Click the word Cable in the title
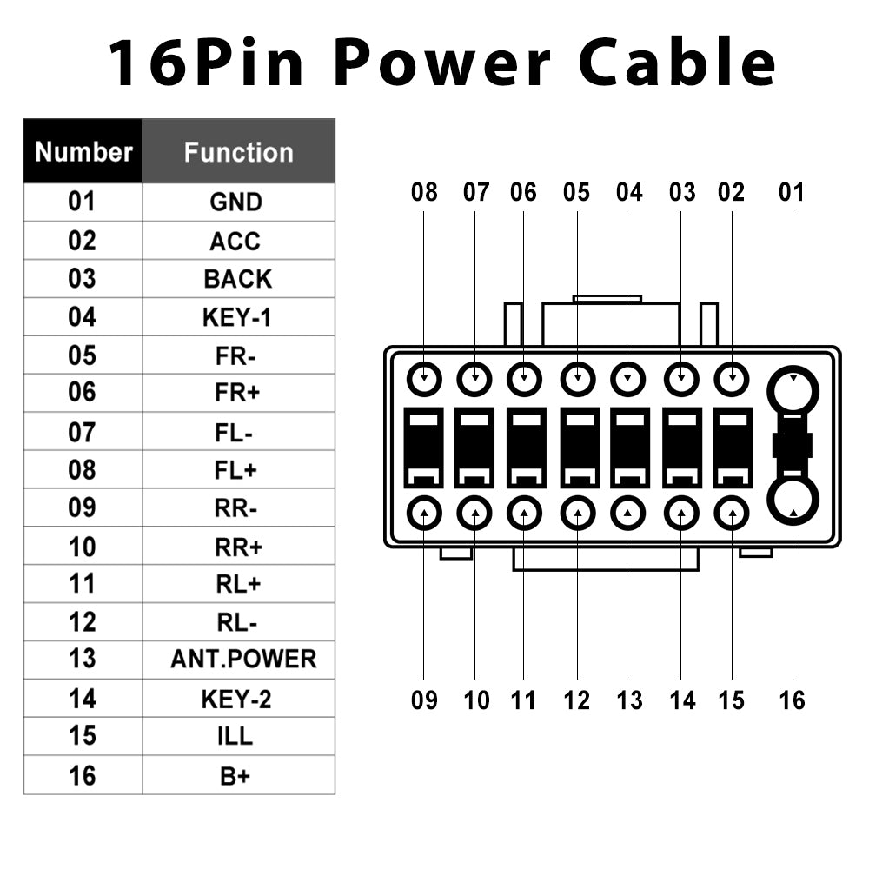tap(677, 63)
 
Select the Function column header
tap(238, 152)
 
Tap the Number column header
tap(83, 152)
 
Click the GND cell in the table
tap(235, 202)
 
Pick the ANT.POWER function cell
tap(243, 660)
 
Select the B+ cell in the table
tap(235, 775)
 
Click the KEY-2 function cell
tap(236, 698)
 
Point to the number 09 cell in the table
tap(82, 507)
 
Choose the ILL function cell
tap(235, 736)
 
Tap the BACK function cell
tap(237, 279)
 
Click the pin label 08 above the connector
tap(424, 192)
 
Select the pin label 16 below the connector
tap(792, 700)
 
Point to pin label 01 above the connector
tap(792, 192)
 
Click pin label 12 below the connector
tap(576, 700)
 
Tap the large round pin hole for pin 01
tap(793, 389)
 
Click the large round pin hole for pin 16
tap(793, 500)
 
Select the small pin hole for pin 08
tap(424, 379)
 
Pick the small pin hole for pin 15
tap(732, 514)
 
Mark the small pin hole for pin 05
tap(576, 379)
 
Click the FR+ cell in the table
tap(237, 393)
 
